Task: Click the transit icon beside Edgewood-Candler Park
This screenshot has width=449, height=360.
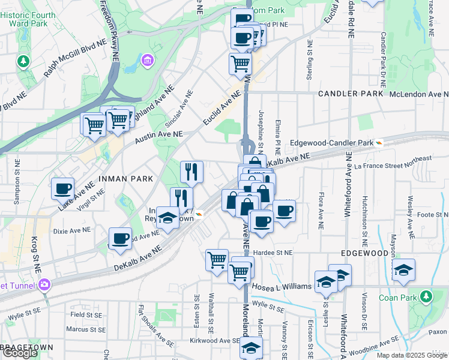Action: click(379, 143)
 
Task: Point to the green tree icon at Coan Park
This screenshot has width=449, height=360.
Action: click(426, 296)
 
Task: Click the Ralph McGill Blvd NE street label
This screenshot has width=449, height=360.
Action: click(74, 60)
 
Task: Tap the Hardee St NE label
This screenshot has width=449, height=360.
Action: click(272, 253)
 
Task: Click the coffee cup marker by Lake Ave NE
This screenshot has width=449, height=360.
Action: click(62, 188)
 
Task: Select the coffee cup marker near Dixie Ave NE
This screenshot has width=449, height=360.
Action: click(120, 238)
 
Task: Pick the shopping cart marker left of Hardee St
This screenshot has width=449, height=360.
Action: click(217, 260)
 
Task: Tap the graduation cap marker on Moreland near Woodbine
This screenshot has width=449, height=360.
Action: click(251, 348)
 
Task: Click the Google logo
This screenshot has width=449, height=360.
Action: click(20, 353)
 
